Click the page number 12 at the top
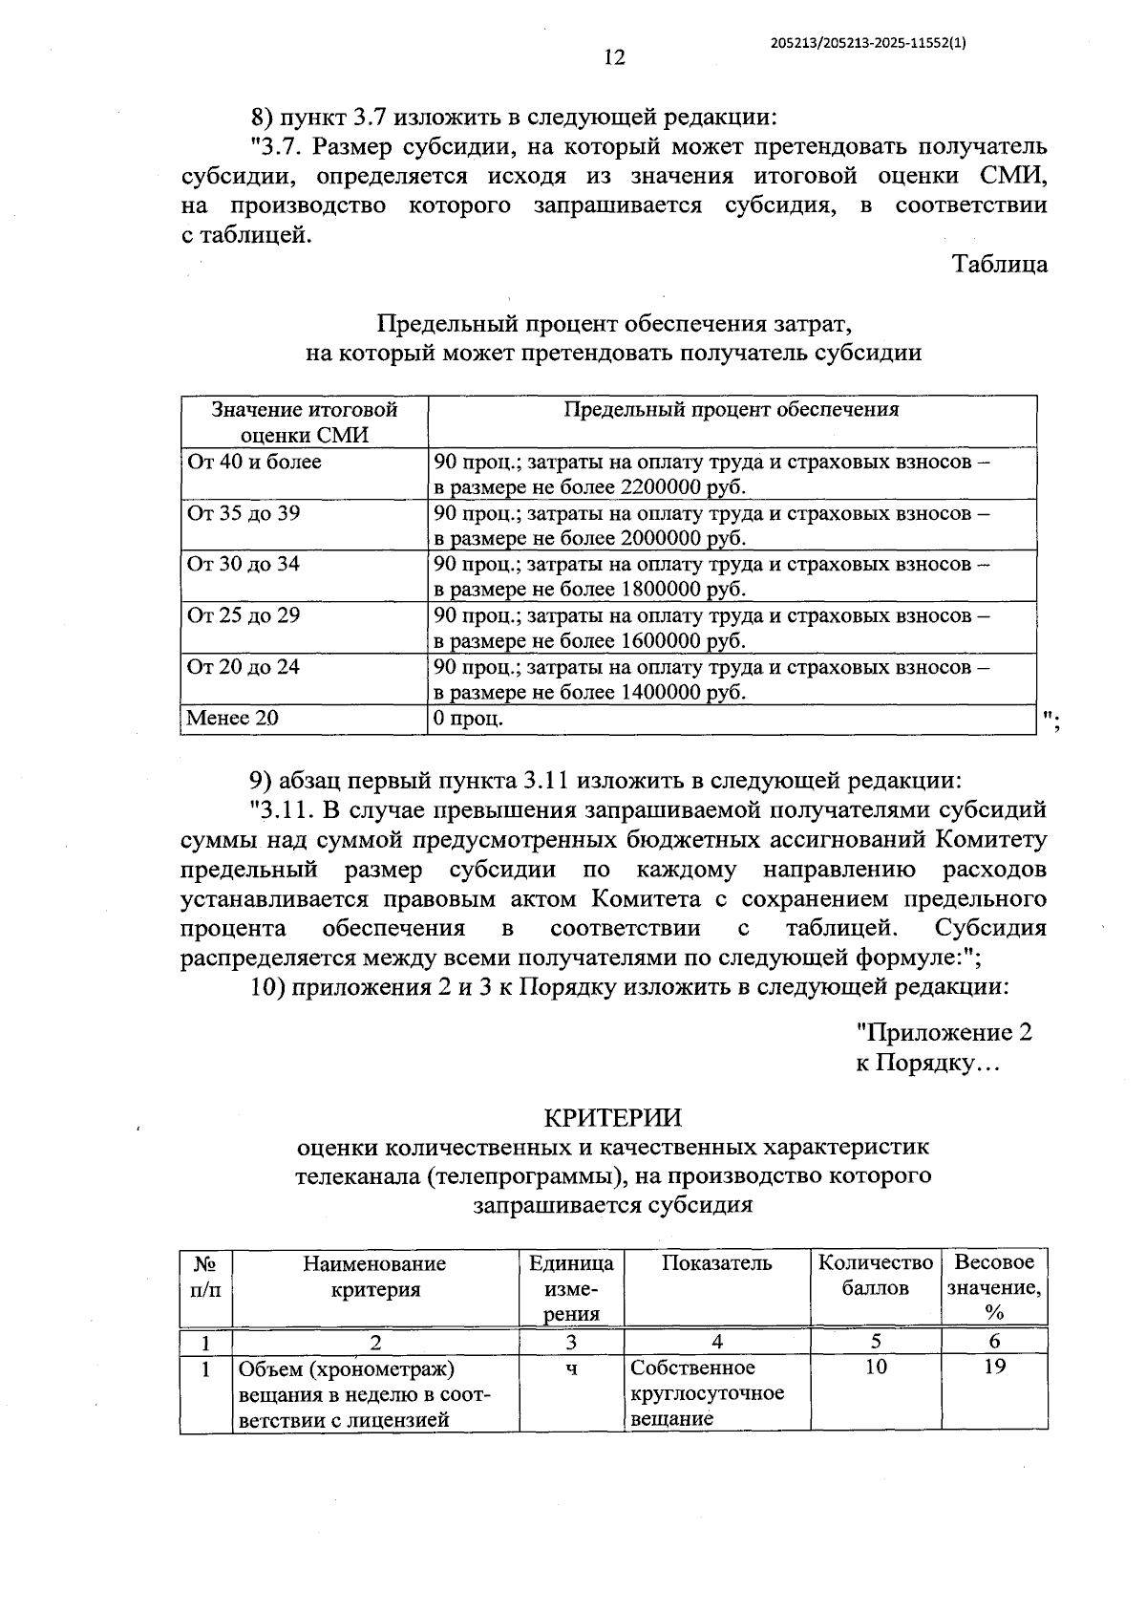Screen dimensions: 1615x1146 (614, 58)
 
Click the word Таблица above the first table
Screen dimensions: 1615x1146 (999, 265)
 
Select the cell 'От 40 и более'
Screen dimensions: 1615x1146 (255, 463)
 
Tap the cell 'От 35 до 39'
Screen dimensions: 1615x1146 (244, 514)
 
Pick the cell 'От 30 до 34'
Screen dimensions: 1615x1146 (244, 565)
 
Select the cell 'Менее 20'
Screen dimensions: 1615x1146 (233, 719)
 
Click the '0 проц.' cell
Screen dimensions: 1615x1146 (469, 719)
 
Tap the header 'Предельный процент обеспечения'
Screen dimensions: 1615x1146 (732, 410)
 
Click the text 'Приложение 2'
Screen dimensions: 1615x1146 (944, 1033)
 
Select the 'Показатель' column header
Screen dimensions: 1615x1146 (716, 1263)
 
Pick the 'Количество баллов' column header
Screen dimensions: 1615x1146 (875, 1275)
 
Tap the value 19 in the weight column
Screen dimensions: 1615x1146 (994, 1367)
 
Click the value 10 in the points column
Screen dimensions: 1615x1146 (875, 1367)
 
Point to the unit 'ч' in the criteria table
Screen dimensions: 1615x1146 (571, 1369)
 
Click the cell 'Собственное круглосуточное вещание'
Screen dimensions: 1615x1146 (708, 1393)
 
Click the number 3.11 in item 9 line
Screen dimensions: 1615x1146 (545, 781)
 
